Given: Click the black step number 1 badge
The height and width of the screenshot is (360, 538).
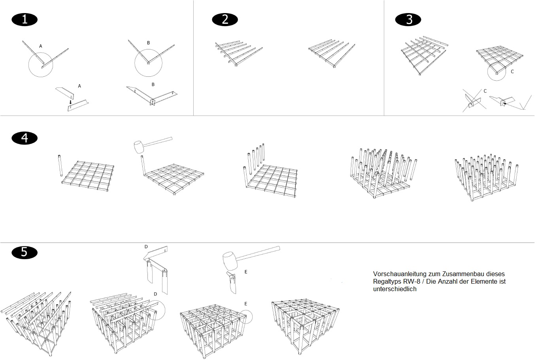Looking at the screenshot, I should (25, 19).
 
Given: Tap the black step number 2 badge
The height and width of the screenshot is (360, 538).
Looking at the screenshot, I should (225, 19).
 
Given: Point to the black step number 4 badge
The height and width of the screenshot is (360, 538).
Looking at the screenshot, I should (25, 138).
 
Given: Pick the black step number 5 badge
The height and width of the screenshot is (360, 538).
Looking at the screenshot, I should (25, 252).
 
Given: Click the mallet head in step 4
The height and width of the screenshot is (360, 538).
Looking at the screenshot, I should (140, 147).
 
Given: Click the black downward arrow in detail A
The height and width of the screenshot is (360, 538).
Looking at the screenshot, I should (70, 102).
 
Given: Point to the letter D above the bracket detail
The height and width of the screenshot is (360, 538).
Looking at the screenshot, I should (146, 246).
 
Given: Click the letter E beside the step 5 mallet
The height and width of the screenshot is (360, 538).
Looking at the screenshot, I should (246, 272).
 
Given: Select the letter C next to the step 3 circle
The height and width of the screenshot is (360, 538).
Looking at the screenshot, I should (512, 72).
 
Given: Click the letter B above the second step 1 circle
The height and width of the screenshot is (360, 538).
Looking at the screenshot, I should (148, 42).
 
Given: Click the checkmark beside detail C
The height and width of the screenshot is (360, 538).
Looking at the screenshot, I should (526, 102).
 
